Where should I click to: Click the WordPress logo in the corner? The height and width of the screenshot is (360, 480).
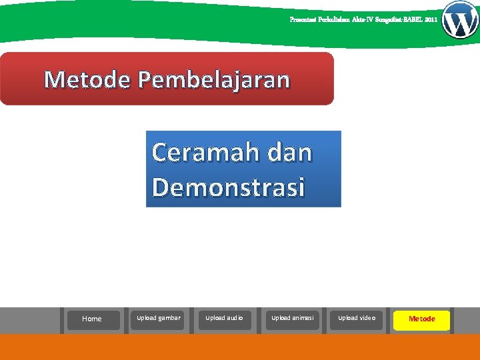460,20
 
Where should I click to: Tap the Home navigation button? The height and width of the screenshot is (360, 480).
92,319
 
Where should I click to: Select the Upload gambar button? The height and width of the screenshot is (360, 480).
158,318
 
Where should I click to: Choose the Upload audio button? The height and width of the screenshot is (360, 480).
224,318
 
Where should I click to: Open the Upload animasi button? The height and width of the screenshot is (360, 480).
292,318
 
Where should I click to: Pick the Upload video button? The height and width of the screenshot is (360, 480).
357,318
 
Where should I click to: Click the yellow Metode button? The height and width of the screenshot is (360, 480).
421,319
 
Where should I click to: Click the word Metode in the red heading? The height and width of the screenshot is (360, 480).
88,80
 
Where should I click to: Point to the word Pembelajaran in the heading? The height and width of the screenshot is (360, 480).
214,80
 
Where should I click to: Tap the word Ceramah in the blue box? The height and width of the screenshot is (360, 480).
204,153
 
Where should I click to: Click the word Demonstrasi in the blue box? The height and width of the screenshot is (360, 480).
228,187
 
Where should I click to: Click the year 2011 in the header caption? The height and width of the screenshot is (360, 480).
431,20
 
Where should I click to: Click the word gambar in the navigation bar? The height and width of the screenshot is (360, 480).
169,318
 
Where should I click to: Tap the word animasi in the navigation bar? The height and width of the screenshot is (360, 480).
303,318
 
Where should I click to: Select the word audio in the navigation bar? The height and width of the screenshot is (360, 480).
233,318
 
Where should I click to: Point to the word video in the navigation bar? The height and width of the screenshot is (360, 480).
366,318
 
